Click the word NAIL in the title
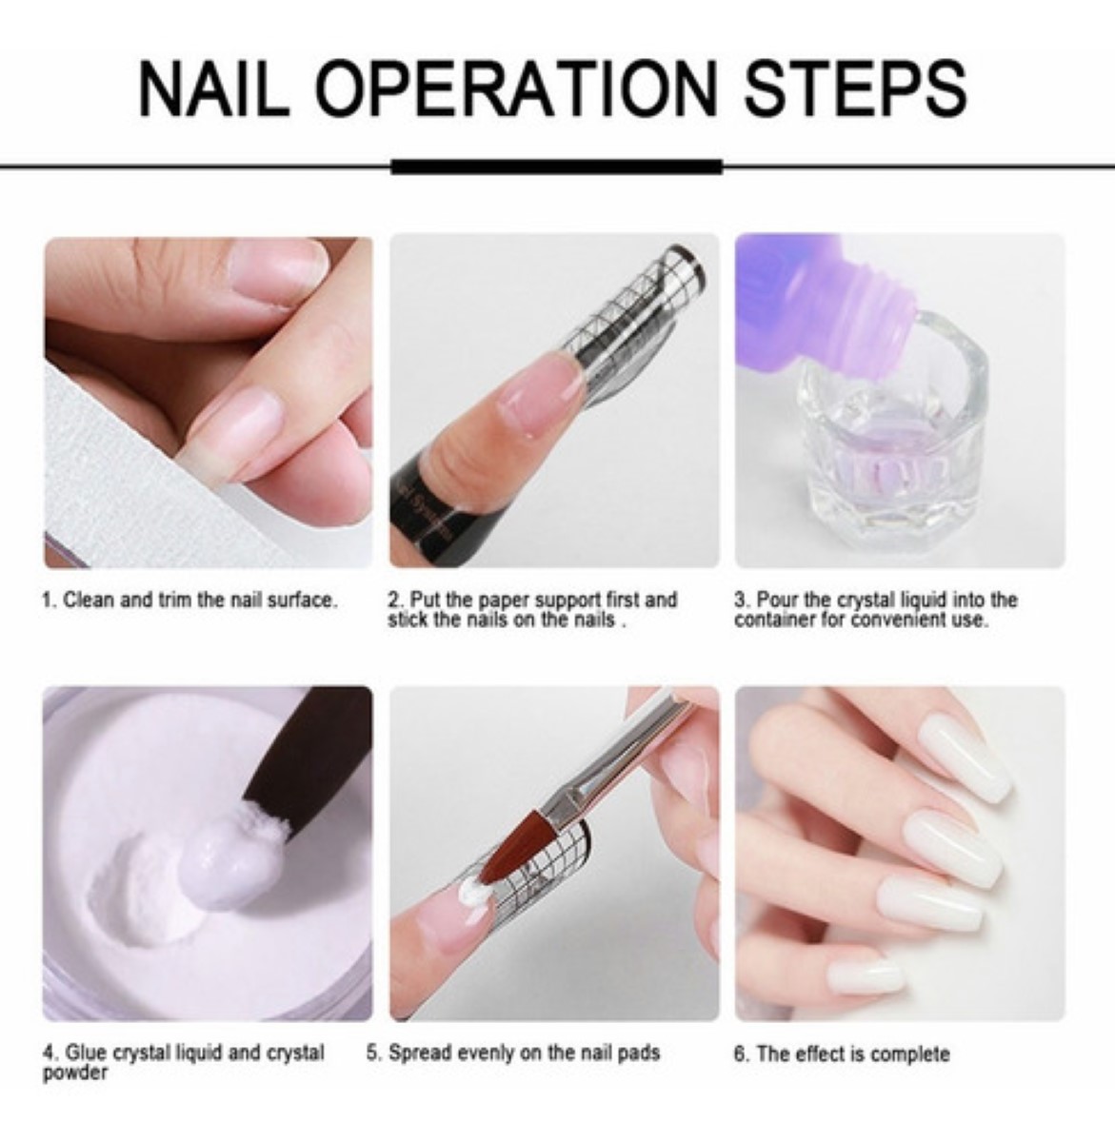tap(212, 89)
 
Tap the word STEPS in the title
tap(854, 89)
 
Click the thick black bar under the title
tap(557, 167)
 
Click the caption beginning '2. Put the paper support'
tap(532, 610)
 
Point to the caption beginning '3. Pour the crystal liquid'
tap(875, 610)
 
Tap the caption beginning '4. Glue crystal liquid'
tap(183, 1062)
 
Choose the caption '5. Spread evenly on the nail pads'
tap(513, 1053)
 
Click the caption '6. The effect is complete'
tap(841, 1054)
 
